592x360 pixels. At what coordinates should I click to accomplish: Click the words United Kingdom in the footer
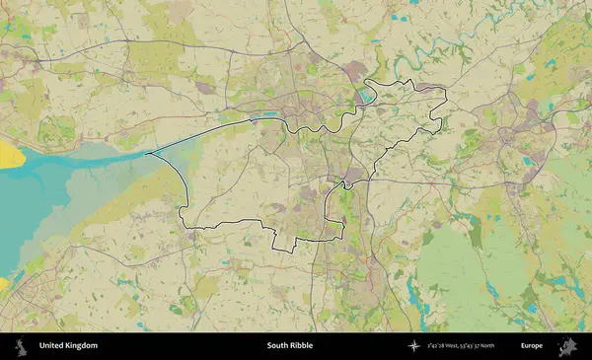68,346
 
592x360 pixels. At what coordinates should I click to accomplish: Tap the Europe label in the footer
532,346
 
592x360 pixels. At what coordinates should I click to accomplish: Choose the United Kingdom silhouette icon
20,346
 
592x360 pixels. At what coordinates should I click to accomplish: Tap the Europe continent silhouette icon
567,346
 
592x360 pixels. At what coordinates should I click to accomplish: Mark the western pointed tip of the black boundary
147,154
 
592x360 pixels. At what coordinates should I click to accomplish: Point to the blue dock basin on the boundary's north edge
367,96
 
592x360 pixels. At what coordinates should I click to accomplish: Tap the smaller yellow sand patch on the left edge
3,284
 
